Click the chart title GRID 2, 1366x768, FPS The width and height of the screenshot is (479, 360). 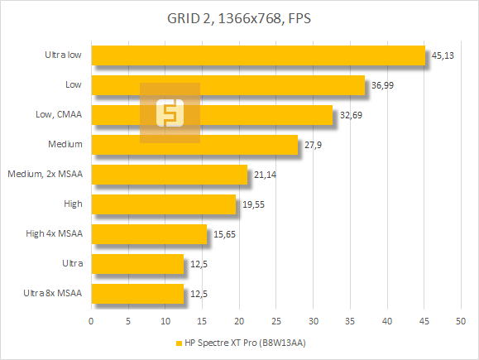click(239, 19)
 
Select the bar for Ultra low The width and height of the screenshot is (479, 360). click(257, 55)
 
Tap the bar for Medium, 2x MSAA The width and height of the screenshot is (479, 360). click(170, 175)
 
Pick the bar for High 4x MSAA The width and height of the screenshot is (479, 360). click(149, 235)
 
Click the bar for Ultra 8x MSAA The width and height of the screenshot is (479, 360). click(137, 294)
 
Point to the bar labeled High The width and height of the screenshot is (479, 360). click(164, 204)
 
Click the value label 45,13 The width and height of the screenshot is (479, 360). click(443, 56)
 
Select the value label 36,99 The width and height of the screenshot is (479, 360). click(381, 86)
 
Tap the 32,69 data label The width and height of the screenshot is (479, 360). click(350, 116)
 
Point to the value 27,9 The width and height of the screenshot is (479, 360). click(311, 146)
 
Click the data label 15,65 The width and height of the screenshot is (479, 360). click(224, 236)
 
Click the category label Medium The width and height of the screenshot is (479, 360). click(66, 144)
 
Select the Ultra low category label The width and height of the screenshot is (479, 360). click(63, 55)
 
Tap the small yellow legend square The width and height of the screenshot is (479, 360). click(179, 343)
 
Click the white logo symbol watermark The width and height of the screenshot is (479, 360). click(170, 113)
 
